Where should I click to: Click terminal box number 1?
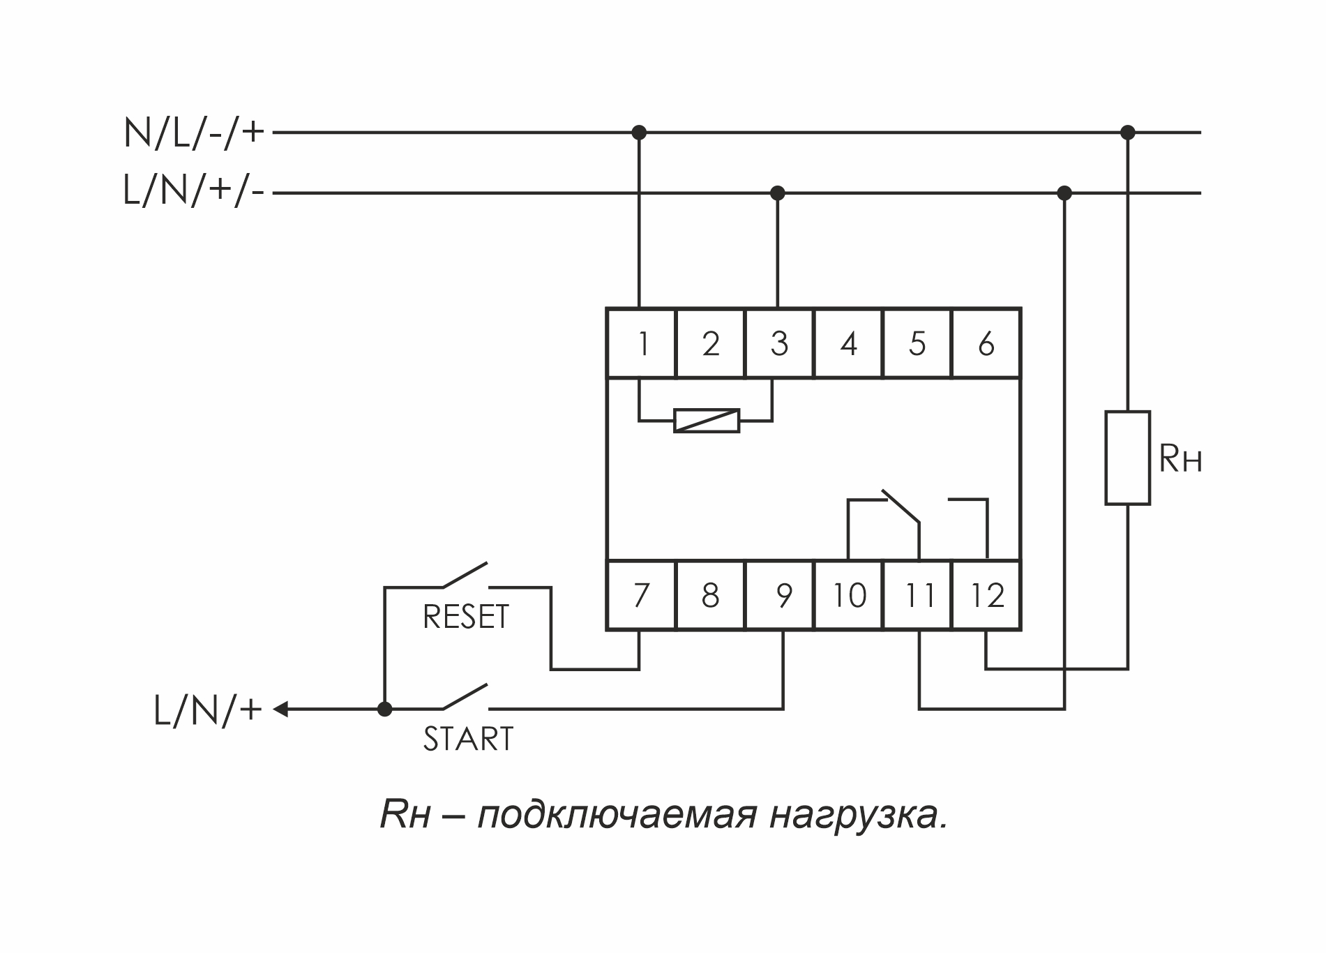tap(641, 343)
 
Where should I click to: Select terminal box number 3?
tap(779, 343)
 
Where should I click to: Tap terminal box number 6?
tap(986, 343)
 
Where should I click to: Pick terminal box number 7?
tap(641, 595)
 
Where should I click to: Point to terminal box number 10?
tap(849, 595)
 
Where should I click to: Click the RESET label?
tap(466, 617)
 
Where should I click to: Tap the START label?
tap(468, 739)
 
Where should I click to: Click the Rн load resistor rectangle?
tap(1127, 458)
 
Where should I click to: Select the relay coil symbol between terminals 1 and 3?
tap(707, 421)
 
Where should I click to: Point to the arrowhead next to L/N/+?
tap(280, 710)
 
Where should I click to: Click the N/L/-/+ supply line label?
tap(194, 132)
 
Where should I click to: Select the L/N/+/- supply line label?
tap(194, 191)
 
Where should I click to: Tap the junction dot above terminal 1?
tap(639, 132)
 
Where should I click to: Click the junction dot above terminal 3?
tap(778, 193)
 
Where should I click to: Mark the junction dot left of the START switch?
tap(384, 710)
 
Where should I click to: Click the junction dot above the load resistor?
tap(1127, 132)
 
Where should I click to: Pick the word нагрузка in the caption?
tap(859, 815)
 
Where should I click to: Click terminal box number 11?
tap(919, 595)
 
